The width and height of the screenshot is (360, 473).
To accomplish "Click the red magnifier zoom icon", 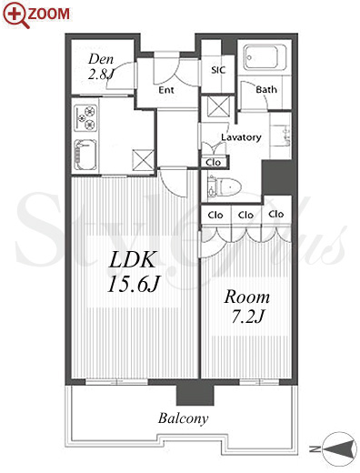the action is point(16,15).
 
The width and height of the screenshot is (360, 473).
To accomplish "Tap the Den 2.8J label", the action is point(101,66).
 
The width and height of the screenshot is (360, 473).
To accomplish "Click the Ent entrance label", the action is point(166,90).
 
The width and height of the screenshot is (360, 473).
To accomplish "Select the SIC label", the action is point(218,70).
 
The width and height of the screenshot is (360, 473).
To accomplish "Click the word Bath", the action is point(266,89).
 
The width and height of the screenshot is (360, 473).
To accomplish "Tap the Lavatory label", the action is point(241,137).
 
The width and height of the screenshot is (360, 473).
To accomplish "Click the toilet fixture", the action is point(225,186).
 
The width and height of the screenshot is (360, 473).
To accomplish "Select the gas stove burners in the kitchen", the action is point(85,117).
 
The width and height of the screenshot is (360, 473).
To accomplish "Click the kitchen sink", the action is point(85,156).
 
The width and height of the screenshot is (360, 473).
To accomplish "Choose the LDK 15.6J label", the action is point(134,272).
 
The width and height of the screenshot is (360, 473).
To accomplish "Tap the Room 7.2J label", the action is point(247,307).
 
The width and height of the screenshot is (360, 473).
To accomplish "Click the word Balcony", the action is point(184,418).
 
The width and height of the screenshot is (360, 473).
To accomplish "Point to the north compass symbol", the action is point(339,448).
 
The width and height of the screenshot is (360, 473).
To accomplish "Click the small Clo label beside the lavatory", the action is point(213,163).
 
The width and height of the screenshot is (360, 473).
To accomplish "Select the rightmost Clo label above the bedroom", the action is point(276,214).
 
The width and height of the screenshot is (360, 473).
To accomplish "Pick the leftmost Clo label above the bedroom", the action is point(215,215).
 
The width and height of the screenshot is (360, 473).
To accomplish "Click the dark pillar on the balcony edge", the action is point(195,394).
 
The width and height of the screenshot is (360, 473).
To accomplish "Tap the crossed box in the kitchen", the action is point(143,160).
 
